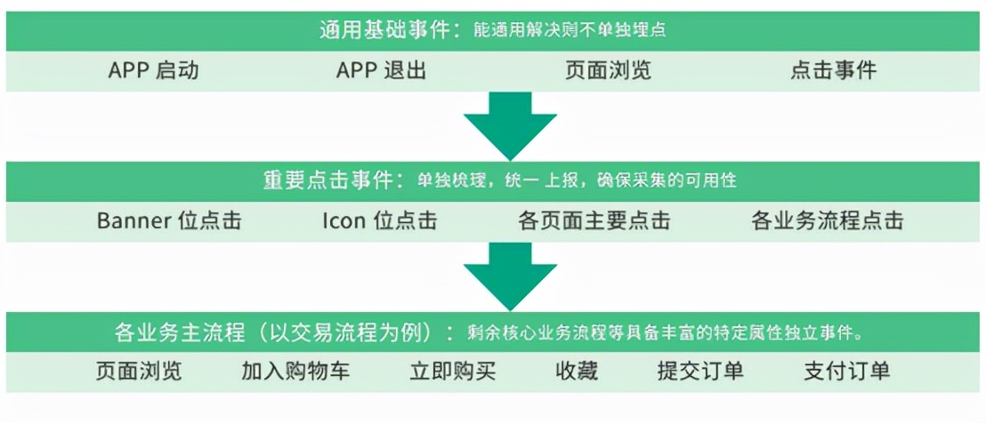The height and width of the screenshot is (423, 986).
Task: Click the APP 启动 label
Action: (153, 70)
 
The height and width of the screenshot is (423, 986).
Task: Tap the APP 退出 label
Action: (381, 70)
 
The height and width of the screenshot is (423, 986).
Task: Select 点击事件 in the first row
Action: (833, 70)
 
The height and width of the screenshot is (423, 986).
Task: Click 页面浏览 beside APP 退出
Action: (608, 70)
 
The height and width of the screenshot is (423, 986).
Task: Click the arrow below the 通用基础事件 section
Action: (510, 125)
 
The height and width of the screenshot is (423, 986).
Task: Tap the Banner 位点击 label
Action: (169, 220)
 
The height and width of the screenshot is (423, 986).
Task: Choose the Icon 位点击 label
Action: (380, 220)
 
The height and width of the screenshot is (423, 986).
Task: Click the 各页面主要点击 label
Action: (594, 220)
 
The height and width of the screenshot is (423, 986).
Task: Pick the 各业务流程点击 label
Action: (827, 220)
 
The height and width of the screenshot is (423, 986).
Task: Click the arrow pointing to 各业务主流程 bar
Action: (510, 276)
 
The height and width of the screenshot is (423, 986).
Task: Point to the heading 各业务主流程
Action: (180, 332)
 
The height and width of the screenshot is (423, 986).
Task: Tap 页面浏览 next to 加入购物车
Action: (139, 371)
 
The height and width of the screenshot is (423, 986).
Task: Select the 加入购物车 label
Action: (295, 371)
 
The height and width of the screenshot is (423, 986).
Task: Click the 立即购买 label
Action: (453, 371)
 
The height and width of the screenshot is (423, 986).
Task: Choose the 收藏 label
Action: (577, 371)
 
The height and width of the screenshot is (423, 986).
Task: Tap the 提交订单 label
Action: (700, 371)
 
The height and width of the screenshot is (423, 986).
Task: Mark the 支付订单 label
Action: (847, 371)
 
